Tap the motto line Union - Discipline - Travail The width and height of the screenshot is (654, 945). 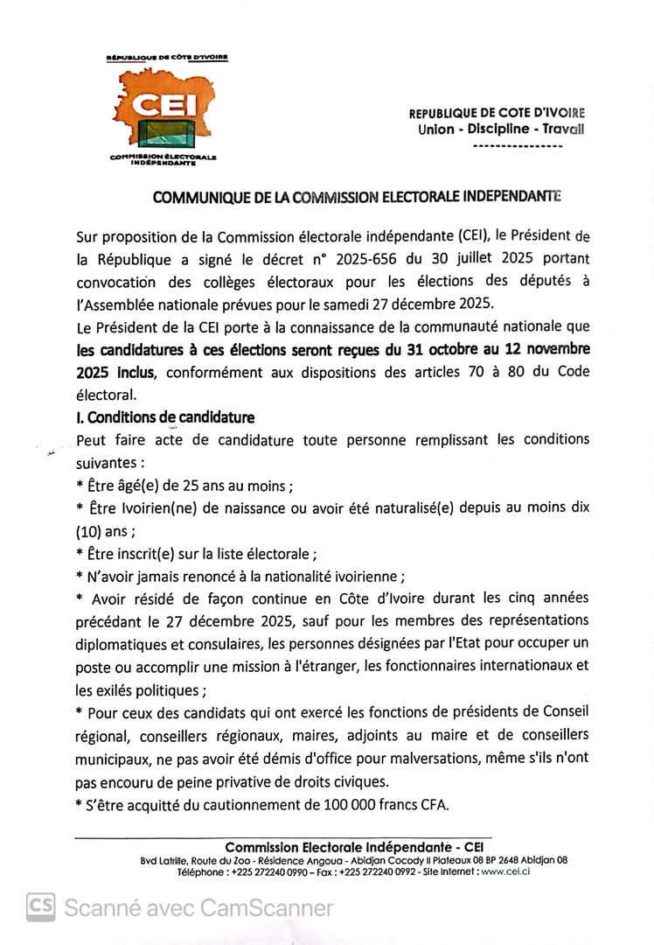(x=501, y=129)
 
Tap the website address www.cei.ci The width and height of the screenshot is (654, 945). (x=506, y=871)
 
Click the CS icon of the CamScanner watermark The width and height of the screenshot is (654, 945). (x=40, y=907)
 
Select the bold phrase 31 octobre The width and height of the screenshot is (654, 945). (x=443, y=350)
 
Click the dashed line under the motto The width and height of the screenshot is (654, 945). (x=516, y=145)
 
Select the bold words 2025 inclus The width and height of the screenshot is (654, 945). (x=115, y=372)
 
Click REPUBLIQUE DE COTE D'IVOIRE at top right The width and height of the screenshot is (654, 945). (x=497, y=113)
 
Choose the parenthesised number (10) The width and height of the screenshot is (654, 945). (x=91, y=530)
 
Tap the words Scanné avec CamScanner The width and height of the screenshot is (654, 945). (x=198, y=907)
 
